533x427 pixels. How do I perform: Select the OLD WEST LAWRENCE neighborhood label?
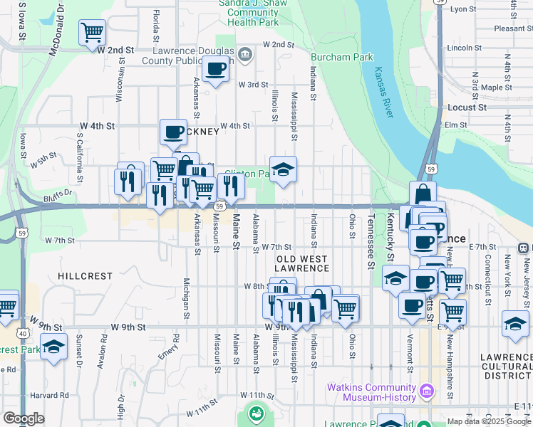pos(302,263)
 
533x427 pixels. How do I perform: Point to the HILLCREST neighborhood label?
pos(85,275)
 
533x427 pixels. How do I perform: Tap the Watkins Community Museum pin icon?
pos(427,390)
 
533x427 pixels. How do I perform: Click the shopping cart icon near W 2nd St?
pos(93,32)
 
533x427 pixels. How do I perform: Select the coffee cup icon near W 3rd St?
pos(215,70)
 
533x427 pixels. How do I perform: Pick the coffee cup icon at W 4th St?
pos(173,132)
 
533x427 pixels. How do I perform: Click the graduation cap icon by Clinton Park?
pos(283,169)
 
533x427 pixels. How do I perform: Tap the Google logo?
pos(24,418)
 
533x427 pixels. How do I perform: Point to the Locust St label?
pos(467,107)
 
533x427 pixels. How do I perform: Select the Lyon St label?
pos(462,9)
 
